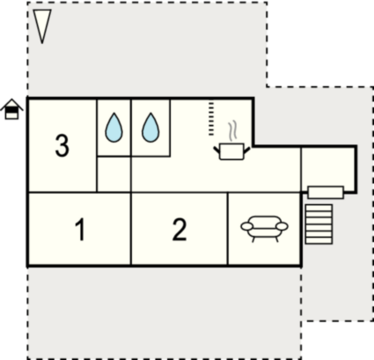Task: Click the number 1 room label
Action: tap(80, 230)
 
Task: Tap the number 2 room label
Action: tap(180, 230)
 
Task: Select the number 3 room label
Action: tap(62, 145)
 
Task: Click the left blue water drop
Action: tap(114, 128)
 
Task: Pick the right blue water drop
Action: tap(150, 128)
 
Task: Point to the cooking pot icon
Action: tap(231, 151)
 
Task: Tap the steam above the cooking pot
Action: tap(232, 130)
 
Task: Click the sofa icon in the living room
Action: tap(264, 229)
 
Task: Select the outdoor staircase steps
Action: tap(319, 224)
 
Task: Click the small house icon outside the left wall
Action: tap(11, 109)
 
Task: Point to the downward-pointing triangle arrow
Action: tap(42, 26)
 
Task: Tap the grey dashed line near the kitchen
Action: tap(211, 119)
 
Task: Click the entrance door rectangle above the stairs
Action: tap(326, 193)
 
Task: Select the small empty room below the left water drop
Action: tap(114, 174)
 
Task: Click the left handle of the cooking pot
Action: tap(216, 151)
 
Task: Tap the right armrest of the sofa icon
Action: tap(282, 226)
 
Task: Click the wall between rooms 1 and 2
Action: tap(131, 229)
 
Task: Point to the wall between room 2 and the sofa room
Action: tap(228, 229)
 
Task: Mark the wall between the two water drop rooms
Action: tap(131, 128)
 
